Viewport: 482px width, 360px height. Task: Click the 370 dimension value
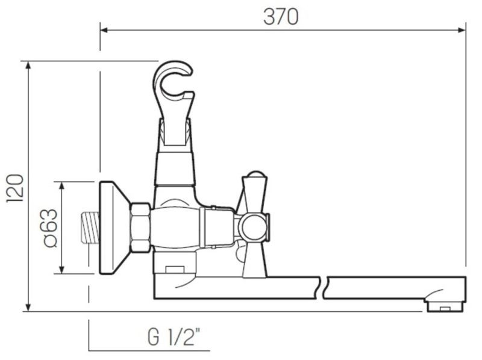[281, 17]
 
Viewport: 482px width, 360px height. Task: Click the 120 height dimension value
[14, 188]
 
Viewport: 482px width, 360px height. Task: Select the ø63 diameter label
[51, 228]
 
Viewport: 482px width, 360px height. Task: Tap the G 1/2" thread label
[174, 337]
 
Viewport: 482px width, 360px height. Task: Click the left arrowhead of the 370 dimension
[104, 30]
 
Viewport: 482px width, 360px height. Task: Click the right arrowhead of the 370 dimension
[462, 30]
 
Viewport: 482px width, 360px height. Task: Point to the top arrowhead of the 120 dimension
[28, 65]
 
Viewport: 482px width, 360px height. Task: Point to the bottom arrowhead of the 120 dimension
[28, 307]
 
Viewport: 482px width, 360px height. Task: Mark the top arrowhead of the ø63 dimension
[62, 185]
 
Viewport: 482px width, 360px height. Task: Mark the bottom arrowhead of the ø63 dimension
[62, 269]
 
